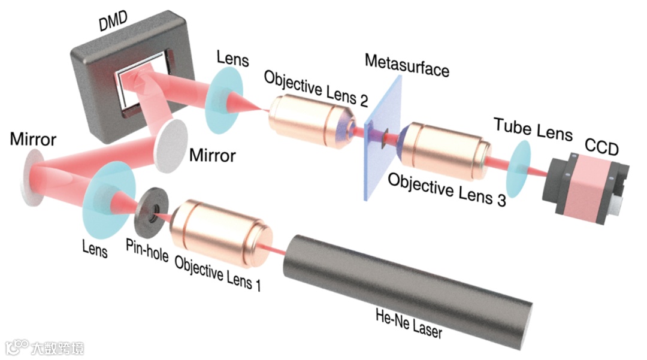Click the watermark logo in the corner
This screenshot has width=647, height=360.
pyautogui.click(x=44, y=347)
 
